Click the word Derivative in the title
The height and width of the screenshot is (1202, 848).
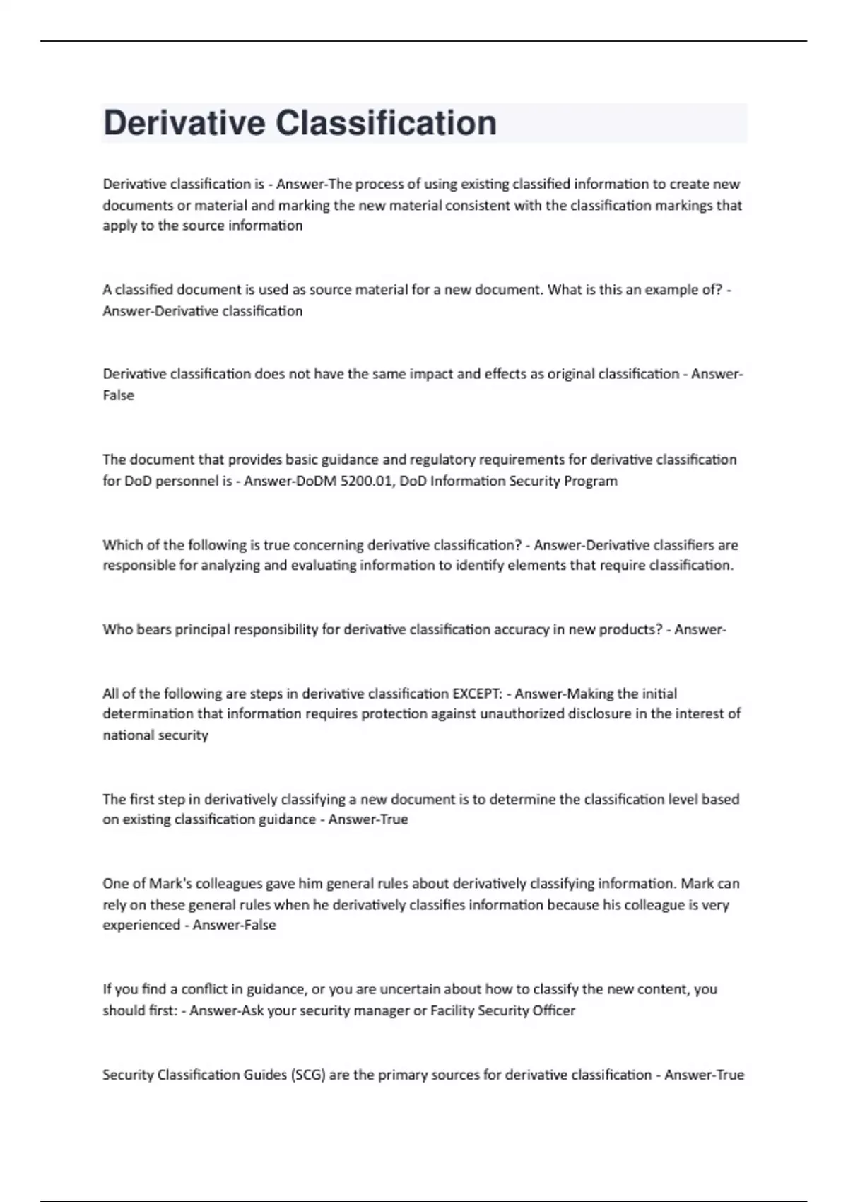[x=184, y=123]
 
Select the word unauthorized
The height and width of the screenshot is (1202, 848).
[x=520, y=713]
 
